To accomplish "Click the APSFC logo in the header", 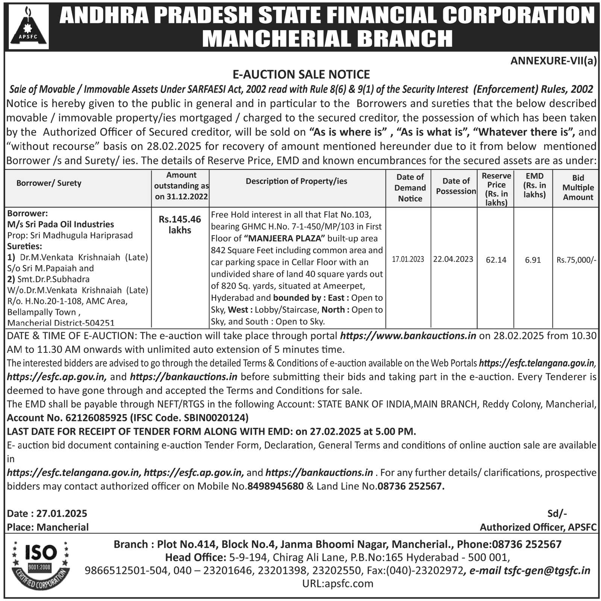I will point(29,26).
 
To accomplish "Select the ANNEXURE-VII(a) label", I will point(553,61).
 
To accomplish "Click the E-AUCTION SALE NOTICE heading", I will point(301,74).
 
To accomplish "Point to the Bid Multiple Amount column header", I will point(578,187).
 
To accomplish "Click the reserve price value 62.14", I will point(496,260).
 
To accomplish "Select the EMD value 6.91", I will point(533,260).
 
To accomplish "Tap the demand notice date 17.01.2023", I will point(408,259).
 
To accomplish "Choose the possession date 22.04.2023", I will point(453,259).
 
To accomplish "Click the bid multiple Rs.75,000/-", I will point(576,260).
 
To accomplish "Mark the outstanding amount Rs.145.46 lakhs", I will point(180,225).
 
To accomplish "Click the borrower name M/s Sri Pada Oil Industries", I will point(61,224).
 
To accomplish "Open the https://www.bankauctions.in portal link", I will point(408,335).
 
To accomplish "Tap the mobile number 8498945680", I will point(275,486).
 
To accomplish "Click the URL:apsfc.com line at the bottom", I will point(338,583).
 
